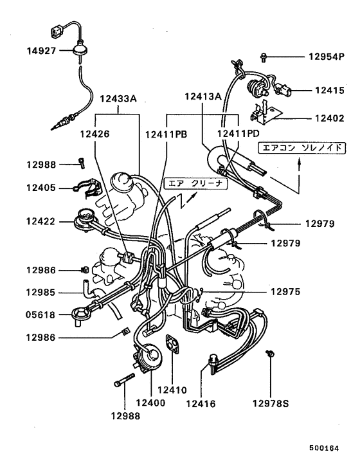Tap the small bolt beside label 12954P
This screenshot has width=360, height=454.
coord(264,57)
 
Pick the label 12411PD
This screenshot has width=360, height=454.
coord(238,134)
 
